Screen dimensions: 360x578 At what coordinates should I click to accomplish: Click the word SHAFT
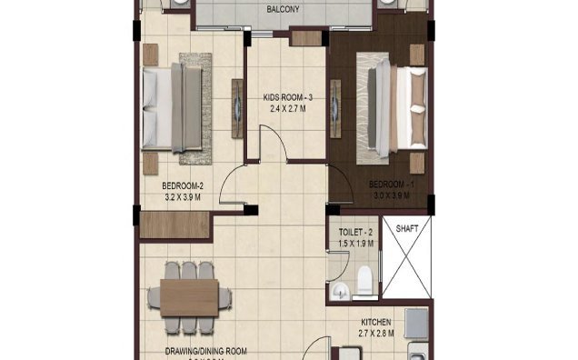tap(407, 228)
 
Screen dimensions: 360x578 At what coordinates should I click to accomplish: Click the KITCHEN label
tap(377, 323)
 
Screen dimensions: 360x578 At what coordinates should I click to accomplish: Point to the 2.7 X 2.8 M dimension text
tap(377, 335)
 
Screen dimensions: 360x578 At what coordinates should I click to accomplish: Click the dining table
tap(188, 297)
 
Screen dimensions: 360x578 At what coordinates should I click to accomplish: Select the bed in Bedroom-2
tap(174, 108)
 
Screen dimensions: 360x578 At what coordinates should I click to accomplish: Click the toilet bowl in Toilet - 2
tap(364, 281)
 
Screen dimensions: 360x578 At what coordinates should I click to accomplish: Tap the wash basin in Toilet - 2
tap(338, 291)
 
